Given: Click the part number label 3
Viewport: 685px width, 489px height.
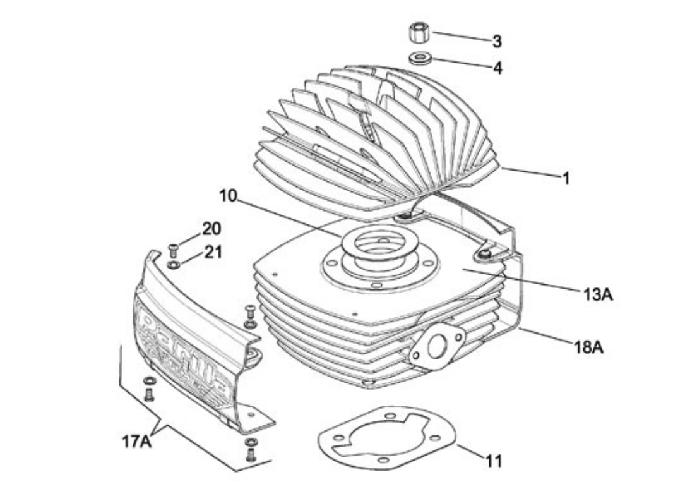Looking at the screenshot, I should [x=497, y=42].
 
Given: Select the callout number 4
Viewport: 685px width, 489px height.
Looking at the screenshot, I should [x=497, y=68].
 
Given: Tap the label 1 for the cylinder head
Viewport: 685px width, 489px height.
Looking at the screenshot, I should [x=566, y=178].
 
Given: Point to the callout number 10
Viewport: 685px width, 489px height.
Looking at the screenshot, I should [x=228, y=196].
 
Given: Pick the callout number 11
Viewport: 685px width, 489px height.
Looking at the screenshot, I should [x=494, y=461].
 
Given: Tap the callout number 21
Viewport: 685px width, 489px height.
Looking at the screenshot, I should [x=213, y=252].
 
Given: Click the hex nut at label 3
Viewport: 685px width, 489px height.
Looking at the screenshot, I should [x=419, y=32].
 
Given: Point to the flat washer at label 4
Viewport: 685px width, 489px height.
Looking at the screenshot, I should [x=418, y=59].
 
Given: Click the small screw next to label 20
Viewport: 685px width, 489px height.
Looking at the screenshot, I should [x=172, y=247].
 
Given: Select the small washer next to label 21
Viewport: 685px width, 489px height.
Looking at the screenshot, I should [x=174, y=262].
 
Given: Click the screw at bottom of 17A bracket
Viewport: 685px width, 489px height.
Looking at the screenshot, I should [x=251, y=452].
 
